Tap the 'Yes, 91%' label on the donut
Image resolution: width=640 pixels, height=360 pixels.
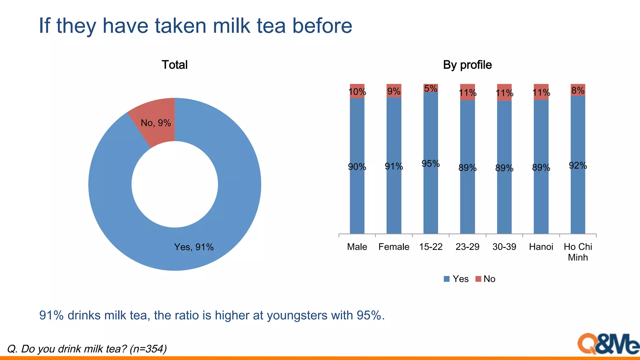(x=194, y=247)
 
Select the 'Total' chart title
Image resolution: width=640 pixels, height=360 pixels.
(x=174, y=65)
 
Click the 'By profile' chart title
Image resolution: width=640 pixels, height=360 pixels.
(x=467, y=65)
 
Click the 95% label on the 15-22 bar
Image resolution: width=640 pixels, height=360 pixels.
(x=431, y=164)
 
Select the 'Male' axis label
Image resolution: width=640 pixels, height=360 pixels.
(x=357, y=247)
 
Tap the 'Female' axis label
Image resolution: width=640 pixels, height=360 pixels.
(x=394, y=247)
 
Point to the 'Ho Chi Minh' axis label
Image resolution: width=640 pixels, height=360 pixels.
(x=578, y=252)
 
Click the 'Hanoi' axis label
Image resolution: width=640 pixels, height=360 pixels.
(x=541, y=247)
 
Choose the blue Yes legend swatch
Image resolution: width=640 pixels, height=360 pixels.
(x=447, y=279)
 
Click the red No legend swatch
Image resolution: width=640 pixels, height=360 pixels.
(x=478, y=279)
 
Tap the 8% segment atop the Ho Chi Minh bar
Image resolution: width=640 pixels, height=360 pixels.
(x=578, y=90)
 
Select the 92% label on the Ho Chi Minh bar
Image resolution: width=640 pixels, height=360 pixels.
(x=578, y=166)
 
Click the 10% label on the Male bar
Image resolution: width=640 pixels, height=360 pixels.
(x=357, y=92)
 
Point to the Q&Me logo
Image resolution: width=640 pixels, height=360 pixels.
(x=608, y=344)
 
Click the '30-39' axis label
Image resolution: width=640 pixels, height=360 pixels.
(x=504, y=247)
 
